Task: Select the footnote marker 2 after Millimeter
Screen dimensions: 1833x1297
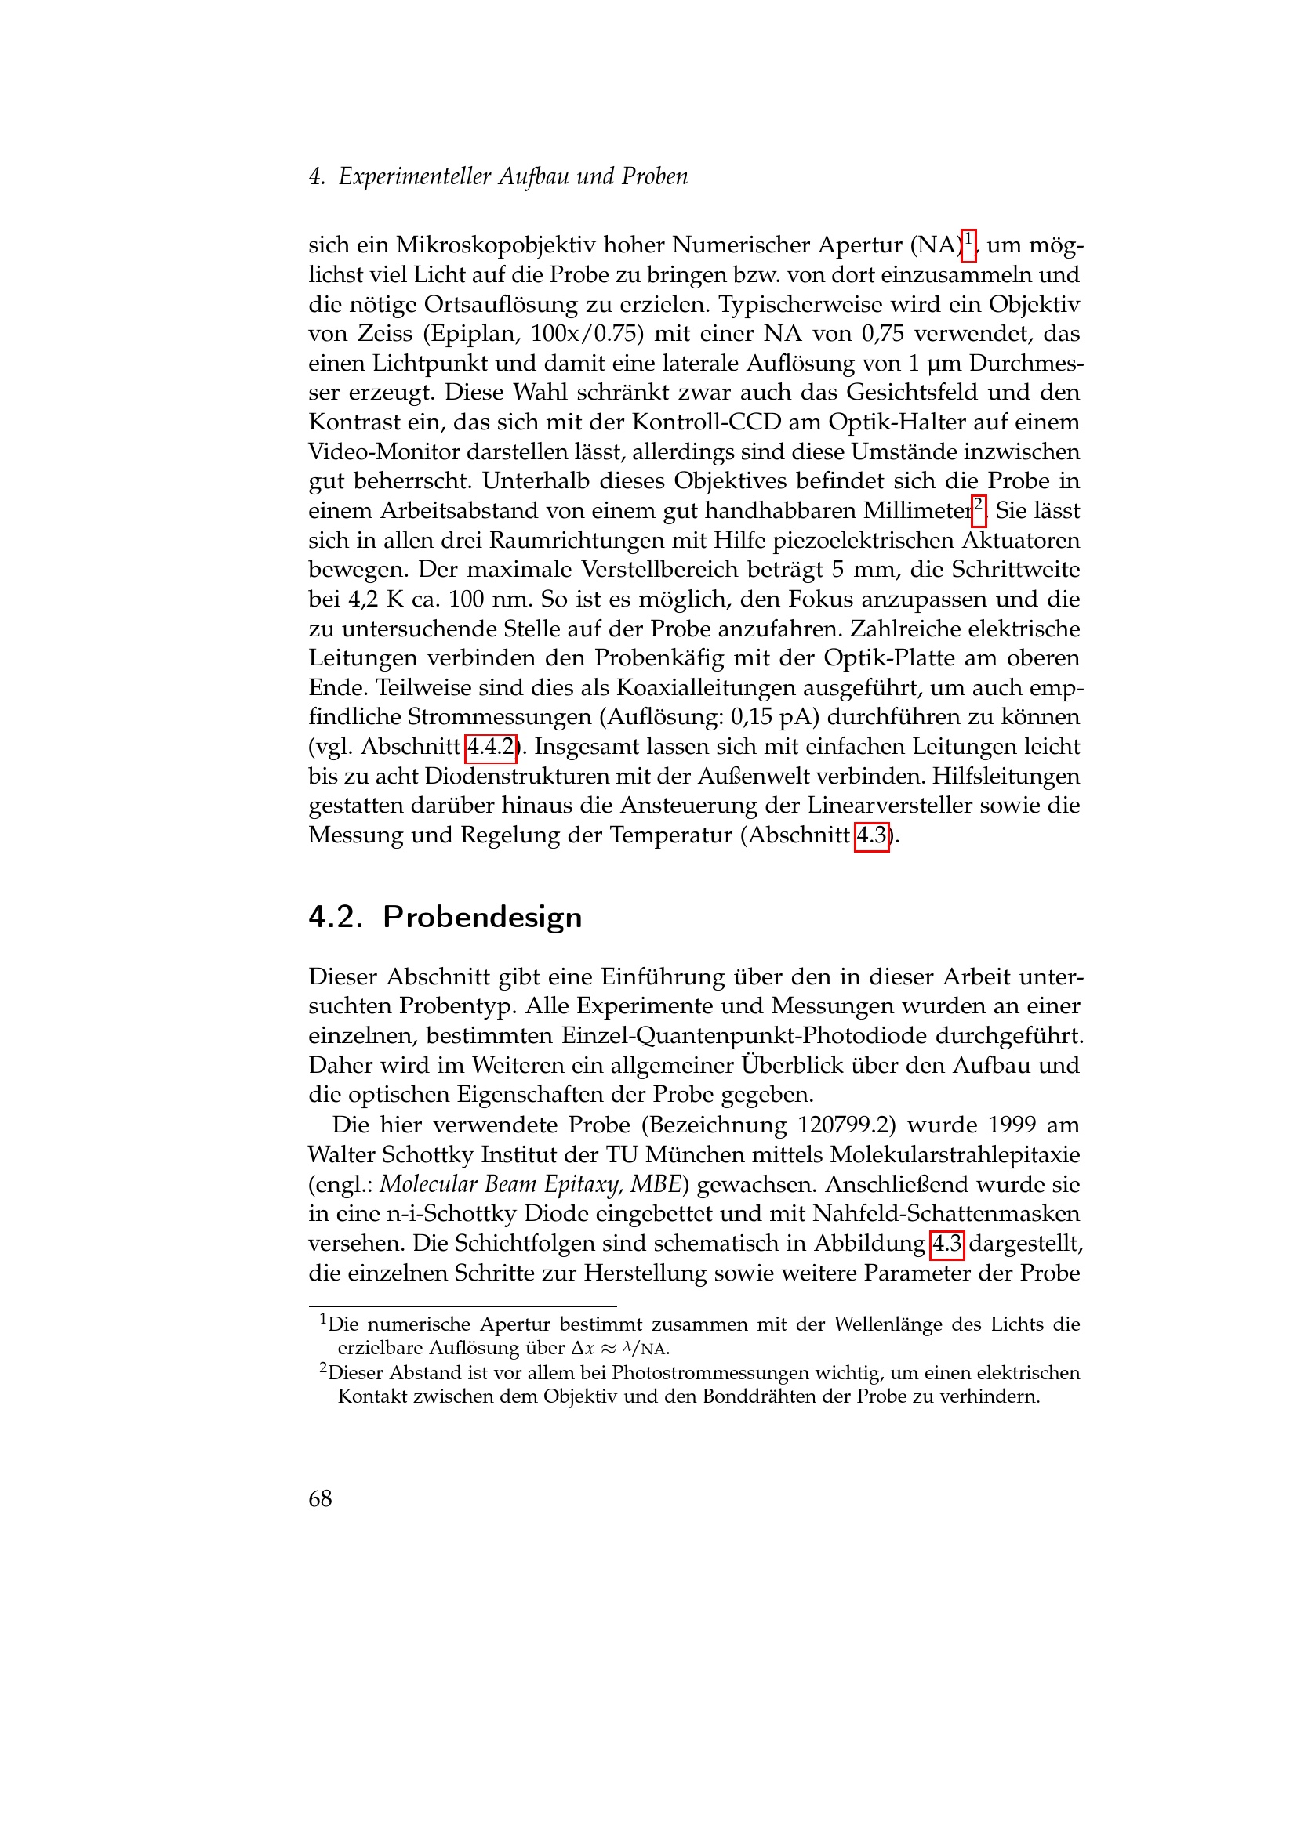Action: [979, 509]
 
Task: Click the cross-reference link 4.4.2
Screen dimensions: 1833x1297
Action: [490, 748]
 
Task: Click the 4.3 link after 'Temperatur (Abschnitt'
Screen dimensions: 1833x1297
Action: [871, 836]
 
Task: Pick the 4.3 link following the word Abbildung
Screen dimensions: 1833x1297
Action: [947, 1244]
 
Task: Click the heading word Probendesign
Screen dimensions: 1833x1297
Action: [482, 918]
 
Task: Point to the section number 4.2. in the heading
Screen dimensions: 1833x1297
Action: [336, 918]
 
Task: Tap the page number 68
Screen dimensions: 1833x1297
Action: [320, 1498]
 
